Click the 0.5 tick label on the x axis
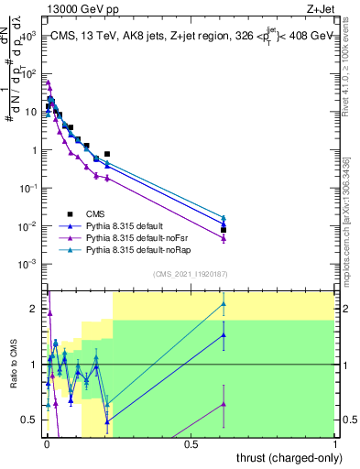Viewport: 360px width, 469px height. tap(191, 443)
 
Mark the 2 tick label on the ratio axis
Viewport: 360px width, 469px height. tap(35, 310)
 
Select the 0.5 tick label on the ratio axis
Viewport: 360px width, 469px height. tap(31, 420)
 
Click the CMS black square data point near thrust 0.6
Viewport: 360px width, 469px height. tap(224, 230)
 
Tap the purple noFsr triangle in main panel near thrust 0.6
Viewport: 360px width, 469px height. tap(224, 238)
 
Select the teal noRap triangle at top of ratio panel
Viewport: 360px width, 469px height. tap(224, 304)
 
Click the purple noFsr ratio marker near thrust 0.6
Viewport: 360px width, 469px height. tap(224, 404)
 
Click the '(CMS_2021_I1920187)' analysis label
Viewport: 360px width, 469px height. tap(191, 274)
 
